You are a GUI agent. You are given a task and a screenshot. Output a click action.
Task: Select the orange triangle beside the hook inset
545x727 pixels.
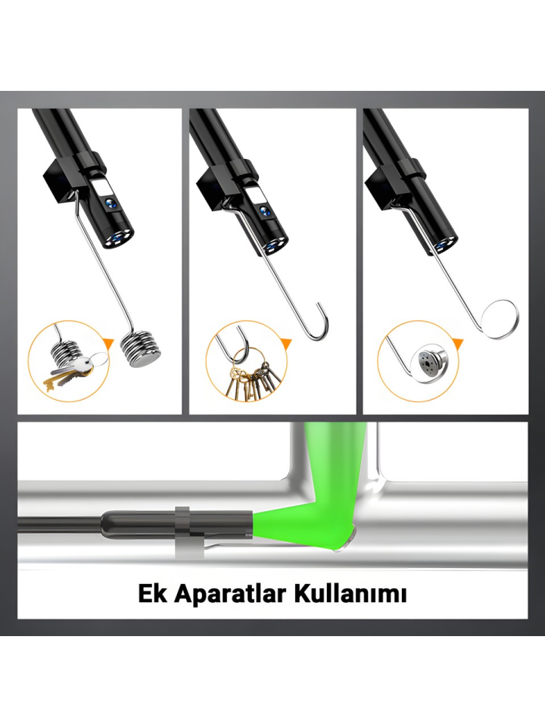pyautogui.click(x=286, y=345)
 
